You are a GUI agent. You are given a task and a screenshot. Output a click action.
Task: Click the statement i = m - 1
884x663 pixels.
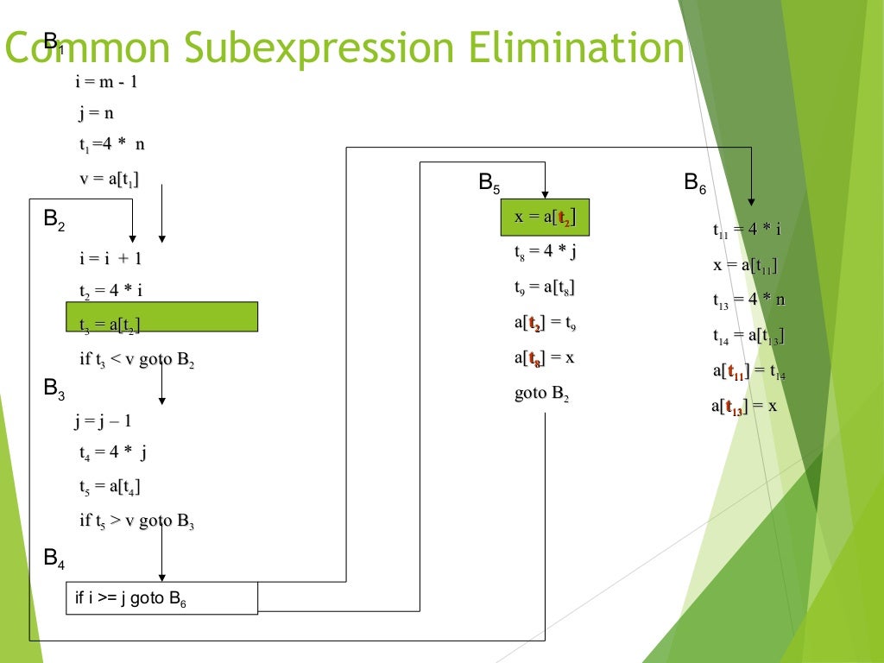(108, 83)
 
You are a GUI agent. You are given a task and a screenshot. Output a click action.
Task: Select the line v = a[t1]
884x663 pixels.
(110, 179)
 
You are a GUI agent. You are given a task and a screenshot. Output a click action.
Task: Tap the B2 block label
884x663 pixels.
(54, 221)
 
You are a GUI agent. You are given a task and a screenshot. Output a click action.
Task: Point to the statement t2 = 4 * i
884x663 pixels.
(111, 291)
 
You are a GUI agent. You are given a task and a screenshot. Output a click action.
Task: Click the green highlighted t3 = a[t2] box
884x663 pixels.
(161, 317)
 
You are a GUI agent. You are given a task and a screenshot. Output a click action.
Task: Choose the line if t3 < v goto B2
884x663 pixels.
(137, 360)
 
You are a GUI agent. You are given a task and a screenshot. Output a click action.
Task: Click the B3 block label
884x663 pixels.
(54, 390)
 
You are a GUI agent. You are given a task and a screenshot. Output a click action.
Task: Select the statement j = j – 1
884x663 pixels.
(103, 421)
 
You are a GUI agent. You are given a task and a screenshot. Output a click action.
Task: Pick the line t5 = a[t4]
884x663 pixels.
(110, 487)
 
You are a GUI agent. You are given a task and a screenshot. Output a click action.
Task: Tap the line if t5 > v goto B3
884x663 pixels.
(137, 521)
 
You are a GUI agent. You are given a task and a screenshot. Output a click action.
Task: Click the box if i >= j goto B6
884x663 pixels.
(161, 598)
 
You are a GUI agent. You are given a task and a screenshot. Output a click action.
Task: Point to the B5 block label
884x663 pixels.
(489, 183)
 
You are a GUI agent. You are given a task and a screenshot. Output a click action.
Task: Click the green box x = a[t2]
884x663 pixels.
(544, 218)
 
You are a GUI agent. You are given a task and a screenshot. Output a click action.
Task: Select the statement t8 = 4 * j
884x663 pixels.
(546, 252)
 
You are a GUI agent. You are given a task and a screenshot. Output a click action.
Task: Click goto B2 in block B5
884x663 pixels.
(542, 394)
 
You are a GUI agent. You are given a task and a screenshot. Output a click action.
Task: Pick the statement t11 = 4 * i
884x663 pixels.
(747, 230)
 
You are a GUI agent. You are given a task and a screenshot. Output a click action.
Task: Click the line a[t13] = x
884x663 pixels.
(744, 407)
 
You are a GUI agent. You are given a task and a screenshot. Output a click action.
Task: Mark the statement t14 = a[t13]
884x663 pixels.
(748, 336)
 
